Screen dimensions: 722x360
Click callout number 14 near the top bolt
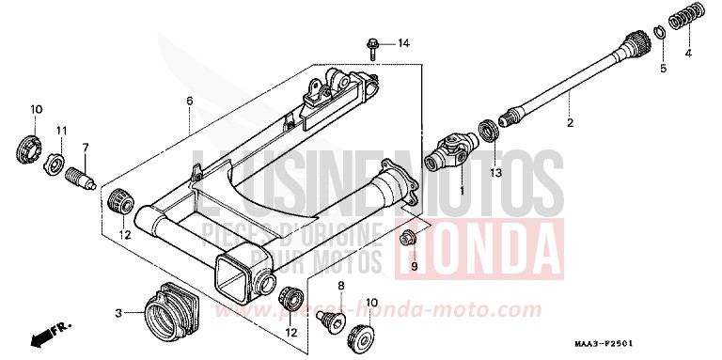click(403, 44)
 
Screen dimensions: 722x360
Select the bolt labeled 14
click(373, 44)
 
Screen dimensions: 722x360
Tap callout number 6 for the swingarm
click(189, 102)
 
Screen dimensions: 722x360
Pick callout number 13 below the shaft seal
click(495, 173)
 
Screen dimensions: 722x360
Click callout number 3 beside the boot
click(119, 312)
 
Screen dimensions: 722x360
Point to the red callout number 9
click(412, 267)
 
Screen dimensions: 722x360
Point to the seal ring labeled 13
click(490, 131)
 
